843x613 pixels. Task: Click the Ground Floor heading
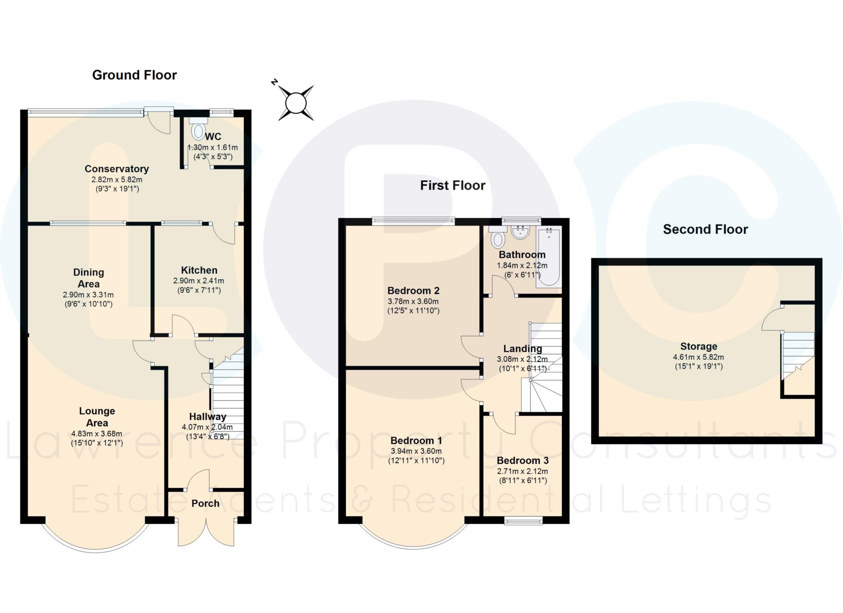click(134, 75)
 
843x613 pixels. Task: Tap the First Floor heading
click(452, 185)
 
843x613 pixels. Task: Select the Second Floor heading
click(705, 229)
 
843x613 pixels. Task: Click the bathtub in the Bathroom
click(549, 256)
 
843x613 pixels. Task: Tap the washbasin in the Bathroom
click(520, 232)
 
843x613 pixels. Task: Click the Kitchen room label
click(199, 270)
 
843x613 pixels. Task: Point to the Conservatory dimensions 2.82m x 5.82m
click(117, 179)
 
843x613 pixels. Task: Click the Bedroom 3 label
click(522, 460)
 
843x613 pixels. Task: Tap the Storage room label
click(699, 346)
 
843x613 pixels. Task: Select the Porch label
click(205, 503)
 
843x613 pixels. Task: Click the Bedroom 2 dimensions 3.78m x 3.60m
click(413, 301)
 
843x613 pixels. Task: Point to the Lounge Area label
click(97, 417)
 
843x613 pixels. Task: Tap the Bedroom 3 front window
click(524, 521)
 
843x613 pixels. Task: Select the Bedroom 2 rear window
click(414, 221)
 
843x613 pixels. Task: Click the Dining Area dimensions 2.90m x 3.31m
click(88, 295)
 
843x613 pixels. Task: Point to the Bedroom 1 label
click(416, 441)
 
